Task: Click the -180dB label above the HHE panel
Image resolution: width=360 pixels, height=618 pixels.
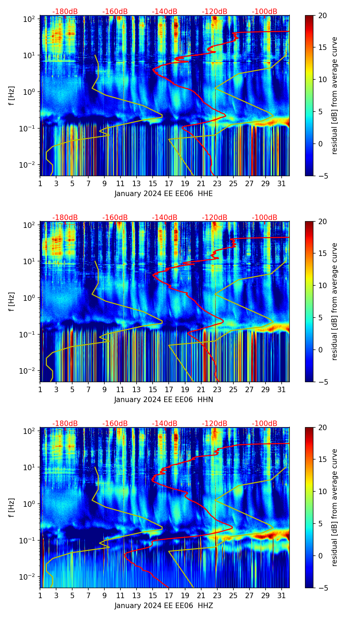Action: click(x=65, y=12)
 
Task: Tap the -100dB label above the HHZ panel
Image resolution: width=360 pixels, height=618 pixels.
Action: click(x=265, y=424)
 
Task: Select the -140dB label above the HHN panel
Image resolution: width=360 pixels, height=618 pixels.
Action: click(x=165, y=218)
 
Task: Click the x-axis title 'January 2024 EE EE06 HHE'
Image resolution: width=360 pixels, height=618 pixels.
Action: click(x=164, y=194)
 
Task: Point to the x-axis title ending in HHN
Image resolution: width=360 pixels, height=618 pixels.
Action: click(x=164, y=400)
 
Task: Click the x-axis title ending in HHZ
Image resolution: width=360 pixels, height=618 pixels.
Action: click(x=164, y=606)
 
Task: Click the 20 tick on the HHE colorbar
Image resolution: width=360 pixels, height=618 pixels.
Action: click(x=322, y=15)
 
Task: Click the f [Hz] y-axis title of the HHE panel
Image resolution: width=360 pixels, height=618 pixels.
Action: click(x=12, y=96)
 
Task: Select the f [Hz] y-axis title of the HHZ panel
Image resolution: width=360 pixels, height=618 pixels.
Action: click(x=12, y=508)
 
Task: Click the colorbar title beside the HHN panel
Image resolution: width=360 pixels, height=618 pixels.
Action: click(x=334, y=301)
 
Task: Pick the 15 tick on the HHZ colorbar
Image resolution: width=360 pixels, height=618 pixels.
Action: click(x=322, y=460)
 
